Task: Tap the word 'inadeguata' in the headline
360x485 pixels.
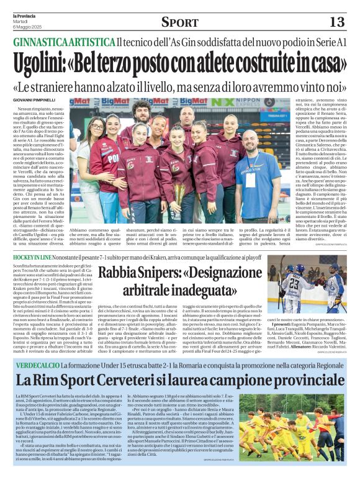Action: (x=204, y=289)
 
